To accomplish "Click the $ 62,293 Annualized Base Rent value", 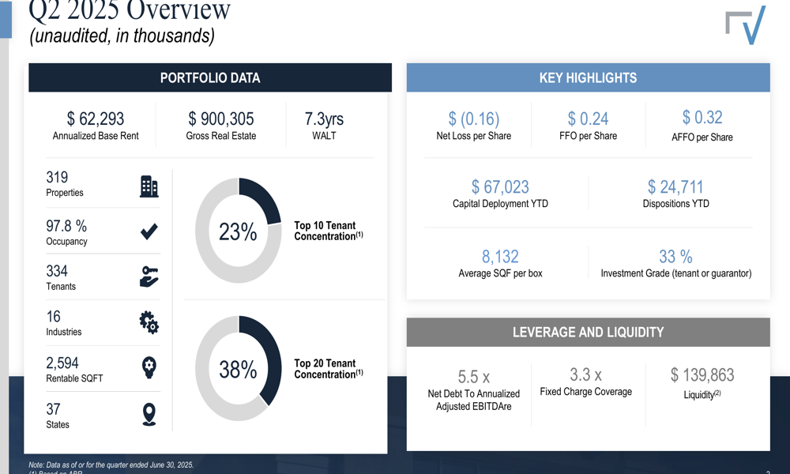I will click(x=96, y=118).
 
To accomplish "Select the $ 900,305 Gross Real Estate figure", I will click(x=221, y=118).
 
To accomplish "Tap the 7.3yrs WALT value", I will click(x=324, y=118).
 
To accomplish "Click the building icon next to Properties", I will click(x=149, y=186).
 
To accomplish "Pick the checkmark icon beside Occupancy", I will click(x=149, y=231).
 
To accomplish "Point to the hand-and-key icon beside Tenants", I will click(x=149, y=276).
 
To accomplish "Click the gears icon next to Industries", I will click(x=149, y=322).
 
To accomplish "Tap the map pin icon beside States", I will click(x=149, y=414).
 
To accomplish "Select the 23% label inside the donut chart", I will click(x=238, y=231).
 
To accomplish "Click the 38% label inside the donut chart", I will click(x=238, y=369).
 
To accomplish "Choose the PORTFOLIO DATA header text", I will click(x=210, y=78).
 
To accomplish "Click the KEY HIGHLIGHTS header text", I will click(x=588, y=78).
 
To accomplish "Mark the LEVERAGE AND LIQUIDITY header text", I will click(x=588, y=333).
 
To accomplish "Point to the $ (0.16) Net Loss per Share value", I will click(x=474, y=118).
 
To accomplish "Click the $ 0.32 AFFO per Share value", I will click(x=702, y=117).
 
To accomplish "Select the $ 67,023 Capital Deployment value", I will click(x=500, y=186).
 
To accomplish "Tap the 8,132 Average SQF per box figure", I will click(x=500, y=256).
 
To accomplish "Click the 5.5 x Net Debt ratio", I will click(x=474, y=377).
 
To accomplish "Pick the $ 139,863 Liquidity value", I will click(x=702, y=374).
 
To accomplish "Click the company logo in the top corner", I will click(x=746, y=26).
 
